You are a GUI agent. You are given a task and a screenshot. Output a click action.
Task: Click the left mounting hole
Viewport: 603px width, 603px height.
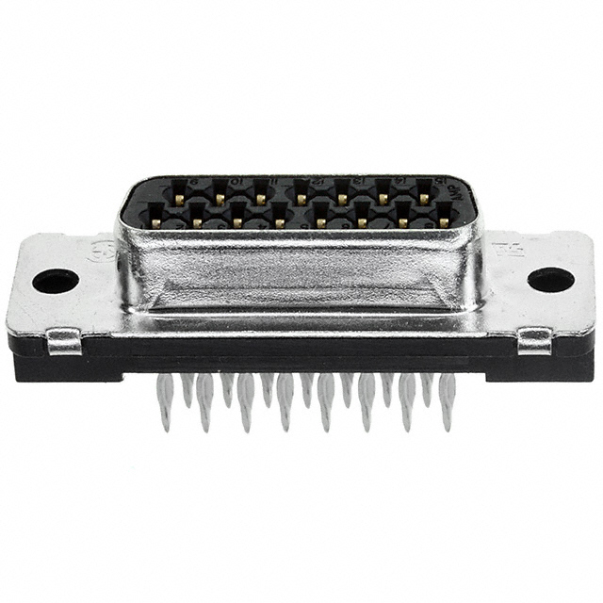[55, 280]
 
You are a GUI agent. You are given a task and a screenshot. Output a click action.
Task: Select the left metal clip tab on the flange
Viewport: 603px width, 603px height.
[64, 340]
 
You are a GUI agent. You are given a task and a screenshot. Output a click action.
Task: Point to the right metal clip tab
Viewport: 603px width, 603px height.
[534, 340]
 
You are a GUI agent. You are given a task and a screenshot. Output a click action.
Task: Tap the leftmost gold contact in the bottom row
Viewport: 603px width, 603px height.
[157, 222]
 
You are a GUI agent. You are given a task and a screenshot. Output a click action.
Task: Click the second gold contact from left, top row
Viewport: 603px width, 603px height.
[220, 198]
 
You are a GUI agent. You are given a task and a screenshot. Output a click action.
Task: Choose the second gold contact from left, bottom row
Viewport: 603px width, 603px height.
[198, 223]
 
